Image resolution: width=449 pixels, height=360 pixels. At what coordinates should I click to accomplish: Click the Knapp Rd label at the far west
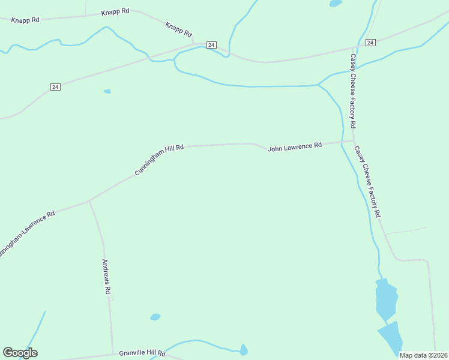tap(25, 20)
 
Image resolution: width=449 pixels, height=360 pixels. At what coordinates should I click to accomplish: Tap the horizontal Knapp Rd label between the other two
tap(115, 11)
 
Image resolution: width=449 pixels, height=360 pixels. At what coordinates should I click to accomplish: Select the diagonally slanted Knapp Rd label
tap(178, 29)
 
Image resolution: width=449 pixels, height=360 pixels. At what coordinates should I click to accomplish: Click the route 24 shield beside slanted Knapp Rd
tap(211, 45)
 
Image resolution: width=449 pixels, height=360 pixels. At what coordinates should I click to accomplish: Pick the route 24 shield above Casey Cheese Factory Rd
tap(370, 43)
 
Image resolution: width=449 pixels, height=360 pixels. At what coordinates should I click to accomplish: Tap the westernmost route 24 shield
tap(55, 87)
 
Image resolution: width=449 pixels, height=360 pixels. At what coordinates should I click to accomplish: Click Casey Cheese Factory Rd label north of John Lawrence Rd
tap(353, 91)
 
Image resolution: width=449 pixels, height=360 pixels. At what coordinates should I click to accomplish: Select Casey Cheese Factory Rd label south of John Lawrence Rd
tap(367, 181)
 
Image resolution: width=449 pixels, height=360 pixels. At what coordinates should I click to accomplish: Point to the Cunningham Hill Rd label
tap(158, 160)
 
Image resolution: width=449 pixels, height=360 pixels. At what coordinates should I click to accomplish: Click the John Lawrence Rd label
tap(295, 146)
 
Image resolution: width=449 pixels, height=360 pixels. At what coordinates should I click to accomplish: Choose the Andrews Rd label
tap(106, 276)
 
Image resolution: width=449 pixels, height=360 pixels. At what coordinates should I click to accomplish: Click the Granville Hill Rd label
tap(142, 353)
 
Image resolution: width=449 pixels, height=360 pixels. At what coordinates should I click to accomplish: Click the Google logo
tap(20, 353)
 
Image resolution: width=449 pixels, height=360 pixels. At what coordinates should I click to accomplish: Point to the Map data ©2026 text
tap(423, 355)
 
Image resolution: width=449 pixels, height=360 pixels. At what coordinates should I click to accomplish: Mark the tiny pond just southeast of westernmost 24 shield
tap(107, 91)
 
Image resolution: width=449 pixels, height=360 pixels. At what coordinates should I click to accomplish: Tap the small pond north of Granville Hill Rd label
tap(155, 316)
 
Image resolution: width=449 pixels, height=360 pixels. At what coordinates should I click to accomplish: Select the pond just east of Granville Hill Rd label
tap(244, 350)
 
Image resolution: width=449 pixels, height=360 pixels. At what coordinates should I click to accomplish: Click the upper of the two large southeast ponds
tap(386, 298)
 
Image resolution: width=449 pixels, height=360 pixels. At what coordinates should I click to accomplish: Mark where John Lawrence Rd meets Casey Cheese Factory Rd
tap(353, 141)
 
